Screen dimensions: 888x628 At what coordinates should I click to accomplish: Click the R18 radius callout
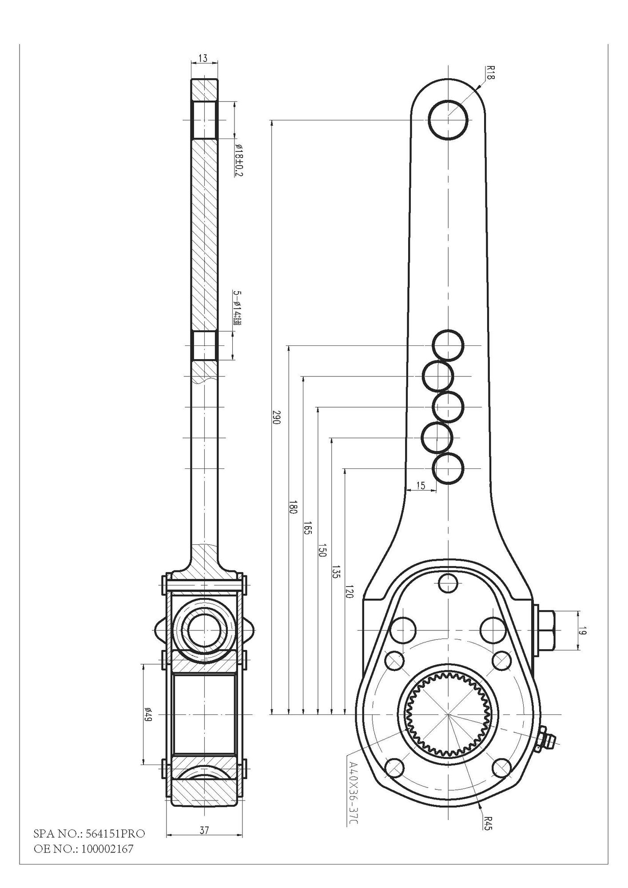[490, 72]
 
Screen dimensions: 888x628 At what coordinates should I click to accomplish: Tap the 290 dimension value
[276, 417]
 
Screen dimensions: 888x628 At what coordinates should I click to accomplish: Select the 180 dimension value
[293, 507]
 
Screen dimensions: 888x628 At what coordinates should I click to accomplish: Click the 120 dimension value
[349, 591]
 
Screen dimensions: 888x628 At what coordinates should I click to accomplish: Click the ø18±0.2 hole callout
[238, 160]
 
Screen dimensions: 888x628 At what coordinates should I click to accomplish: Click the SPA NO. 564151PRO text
[89, 833]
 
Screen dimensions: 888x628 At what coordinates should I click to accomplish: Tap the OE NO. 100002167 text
[83, 849]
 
